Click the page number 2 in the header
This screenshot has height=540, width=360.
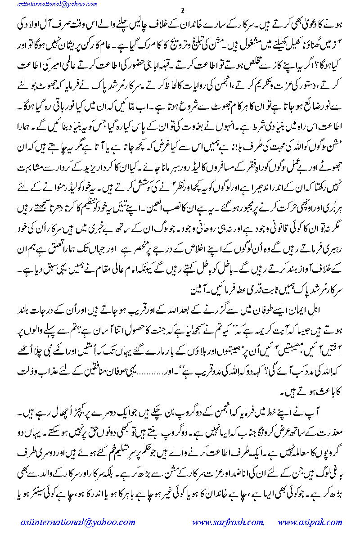(180, 10)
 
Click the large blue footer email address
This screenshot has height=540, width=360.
(78, 522)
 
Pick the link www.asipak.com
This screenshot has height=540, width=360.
(310, 522)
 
